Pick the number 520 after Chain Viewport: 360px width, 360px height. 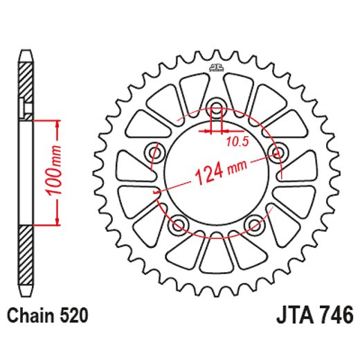(74, 316)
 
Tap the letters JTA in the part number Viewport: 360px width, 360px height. (287, 316)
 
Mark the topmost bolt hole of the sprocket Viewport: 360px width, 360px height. (216, 108)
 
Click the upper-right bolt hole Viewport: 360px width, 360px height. (278, 152)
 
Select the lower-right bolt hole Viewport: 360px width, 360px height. (255, 224)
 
